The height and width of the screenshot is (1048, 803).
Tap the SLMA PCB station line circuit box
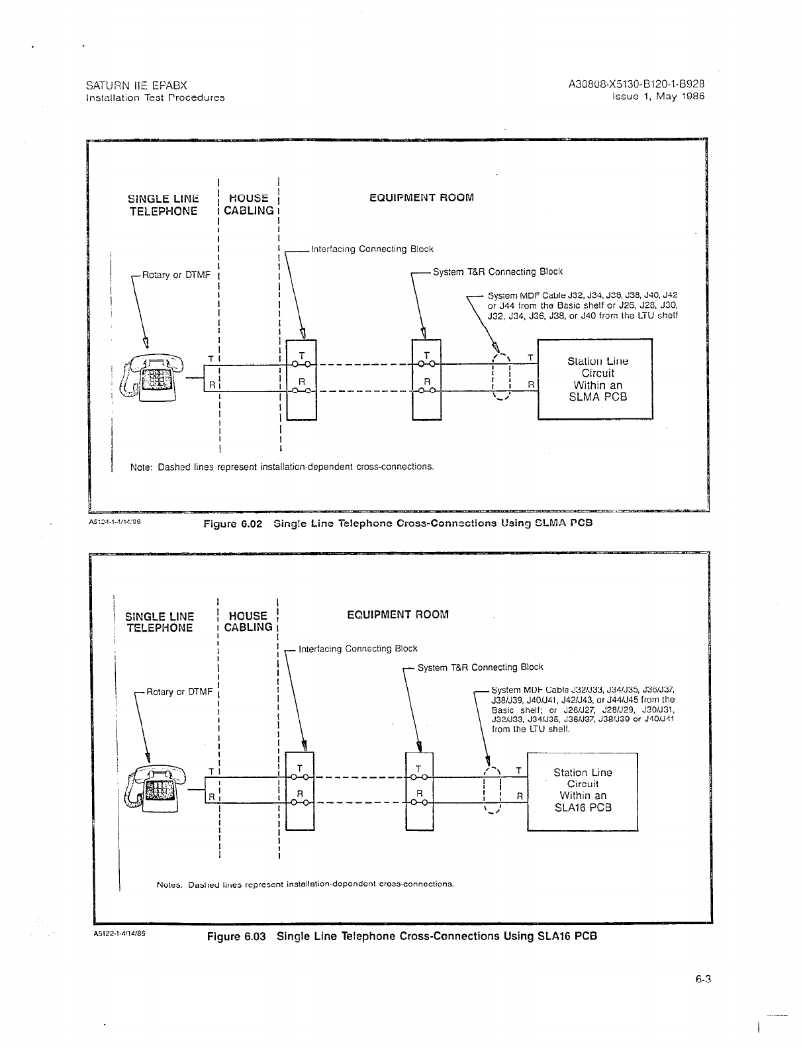tap(596, 379)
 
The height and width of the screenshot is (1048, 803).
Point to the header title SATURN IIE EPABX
tap(137, 85)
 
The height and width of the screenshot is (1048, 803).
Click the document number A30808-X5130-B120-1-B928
tap(636, 85)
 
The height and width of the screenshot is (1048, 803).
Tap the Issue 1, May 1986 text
tap(659, 96)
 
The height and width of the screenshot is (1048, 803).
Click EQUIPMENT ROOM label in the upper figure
tap(422, 197)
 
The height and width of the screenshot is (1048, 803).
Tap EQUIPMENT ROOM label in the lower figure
tap(398, 614)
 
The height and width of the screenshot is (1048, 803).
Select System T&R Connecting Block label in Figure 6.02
tap(497, 271)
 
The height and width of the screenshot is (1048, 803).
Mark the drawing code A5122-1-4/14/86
tap(119, 935)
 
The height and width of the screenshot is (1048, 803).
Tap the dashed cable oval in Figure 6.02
tap(502, 377)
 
